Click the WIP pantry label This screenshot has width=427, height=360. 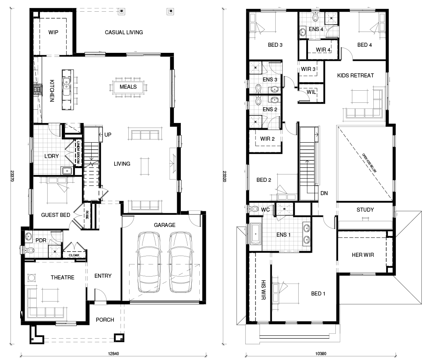(x=53, y=32)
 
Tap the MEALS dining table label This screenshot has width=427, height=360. (x=128, y=87)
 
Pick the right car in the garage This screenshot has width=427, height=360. (x=180, y=262)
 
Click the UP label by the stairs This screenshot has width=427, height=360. (x=108, y=135)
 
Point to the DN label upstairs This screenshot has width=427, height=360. (x=324, y=193)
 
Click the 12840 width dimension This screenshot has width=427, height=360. (x=113, y=354)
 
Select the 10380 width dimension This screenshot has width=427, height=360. (x=321, y=354)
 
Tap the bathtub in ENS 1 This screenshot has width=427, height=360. (x=255, y=234)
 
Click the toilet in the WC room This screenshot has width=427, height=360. (x=254, y=209)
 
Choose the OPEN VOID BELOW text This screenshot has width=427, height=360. (x=369, y=163)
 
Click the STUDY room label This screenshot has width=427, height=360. (x=365, y=210)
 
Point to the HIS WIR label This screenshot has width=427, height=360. (x=263, y=290)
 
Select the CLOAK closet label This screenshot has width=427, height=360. (x=74, y=255)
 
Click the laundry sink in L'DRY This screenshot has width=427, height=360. (x=67, y=171)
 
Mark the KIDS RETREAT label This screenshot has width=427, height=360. (x=356, y=76)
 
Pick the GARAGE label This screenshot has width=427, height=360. (x=165, y=225)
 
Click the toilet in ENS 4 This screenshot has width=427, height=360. (x=315, y=17)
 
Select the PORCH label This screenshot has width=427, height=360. (x=105, y=320)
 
